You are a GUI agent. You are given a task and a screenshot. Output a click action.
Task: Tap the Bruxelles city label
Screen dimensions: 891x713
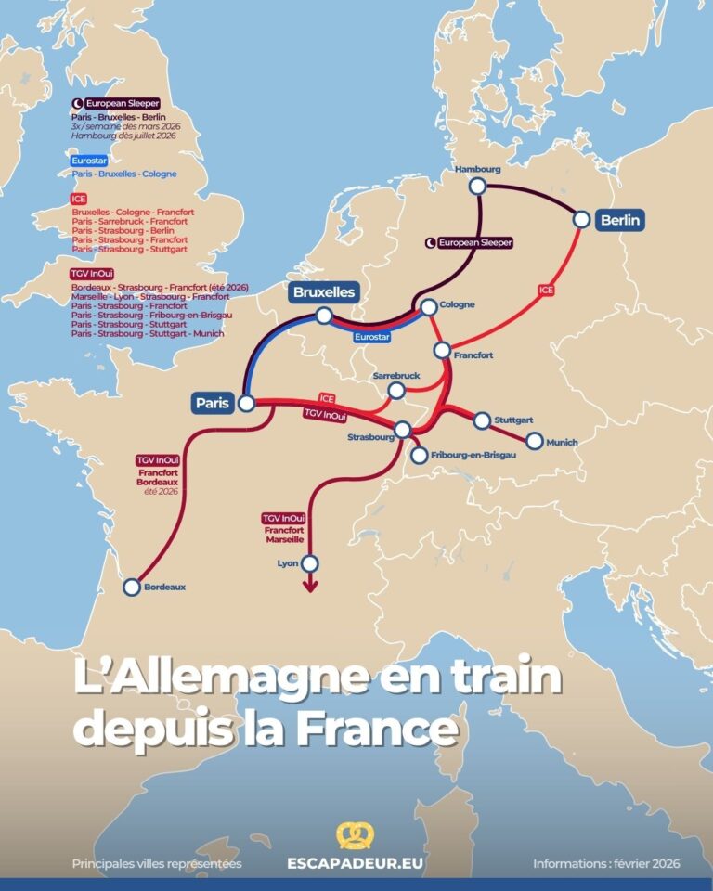(x=324, y=291)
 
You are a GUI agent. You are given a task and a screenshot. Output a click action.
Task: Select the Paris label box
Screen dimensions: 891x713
(x=213, y=403)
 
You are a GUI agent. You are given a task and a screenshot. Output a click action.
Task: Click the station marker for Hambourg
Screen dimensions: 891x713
(x=477, y=187)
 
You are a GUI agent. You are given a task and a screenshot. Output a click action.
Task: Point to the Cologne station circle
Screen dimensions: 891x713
(x=429, y=306)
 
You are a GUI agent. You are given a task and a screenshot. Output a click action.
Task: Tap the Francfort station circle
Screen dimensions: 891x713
(x=442, y=350)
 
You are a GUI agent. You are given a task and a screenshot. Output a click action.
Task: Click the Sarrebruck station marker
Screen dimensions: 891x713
(x=396, y=391)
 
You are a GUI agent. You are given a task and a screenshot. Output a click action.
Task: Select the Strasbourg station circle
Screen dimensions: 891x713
(x=403, y=430)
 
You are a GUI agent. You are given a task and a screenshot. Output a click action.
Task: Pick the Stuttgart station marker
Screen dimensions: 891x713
(x=482, y=420)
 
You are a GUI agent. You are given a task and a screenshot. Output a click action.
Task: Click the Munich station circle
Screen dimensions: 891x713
(x=534, y=441)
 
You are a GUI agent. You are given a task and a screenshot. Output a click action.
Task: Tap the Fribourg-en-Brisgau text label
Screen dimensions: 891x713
(x=473, y=455)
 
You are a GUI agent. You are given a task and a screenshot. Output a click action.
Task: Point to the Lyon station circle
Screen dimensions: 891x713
(x=310, y=563)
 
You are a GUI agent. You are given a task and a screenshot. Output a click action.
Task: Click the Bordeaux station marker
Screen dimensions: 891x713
(x=132, y=587)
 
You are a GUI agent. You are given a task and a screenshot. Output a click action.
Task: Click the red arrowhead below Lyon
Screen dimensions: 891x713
(x=310, y=586)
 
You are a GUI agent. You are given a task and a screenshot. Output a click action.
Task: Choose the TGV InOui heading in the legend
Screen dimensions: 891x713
(x=91, y=273)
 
